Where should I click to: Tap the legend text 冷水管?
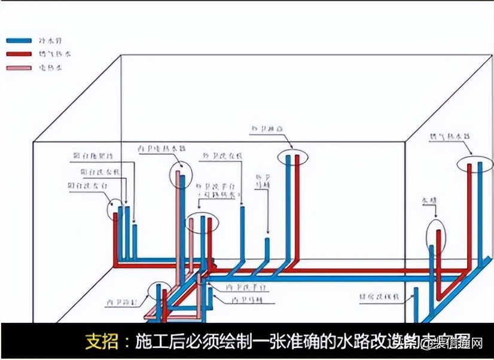tap(50, 41)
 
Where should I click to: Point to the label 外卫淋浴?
tap(263, 128)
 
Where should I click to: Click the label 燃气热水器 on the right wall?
tap(449, 136)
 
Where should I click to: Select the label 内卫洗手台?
tap(247, 288)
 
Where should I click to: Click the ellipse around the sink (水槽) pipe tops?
tap(437, 235)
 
